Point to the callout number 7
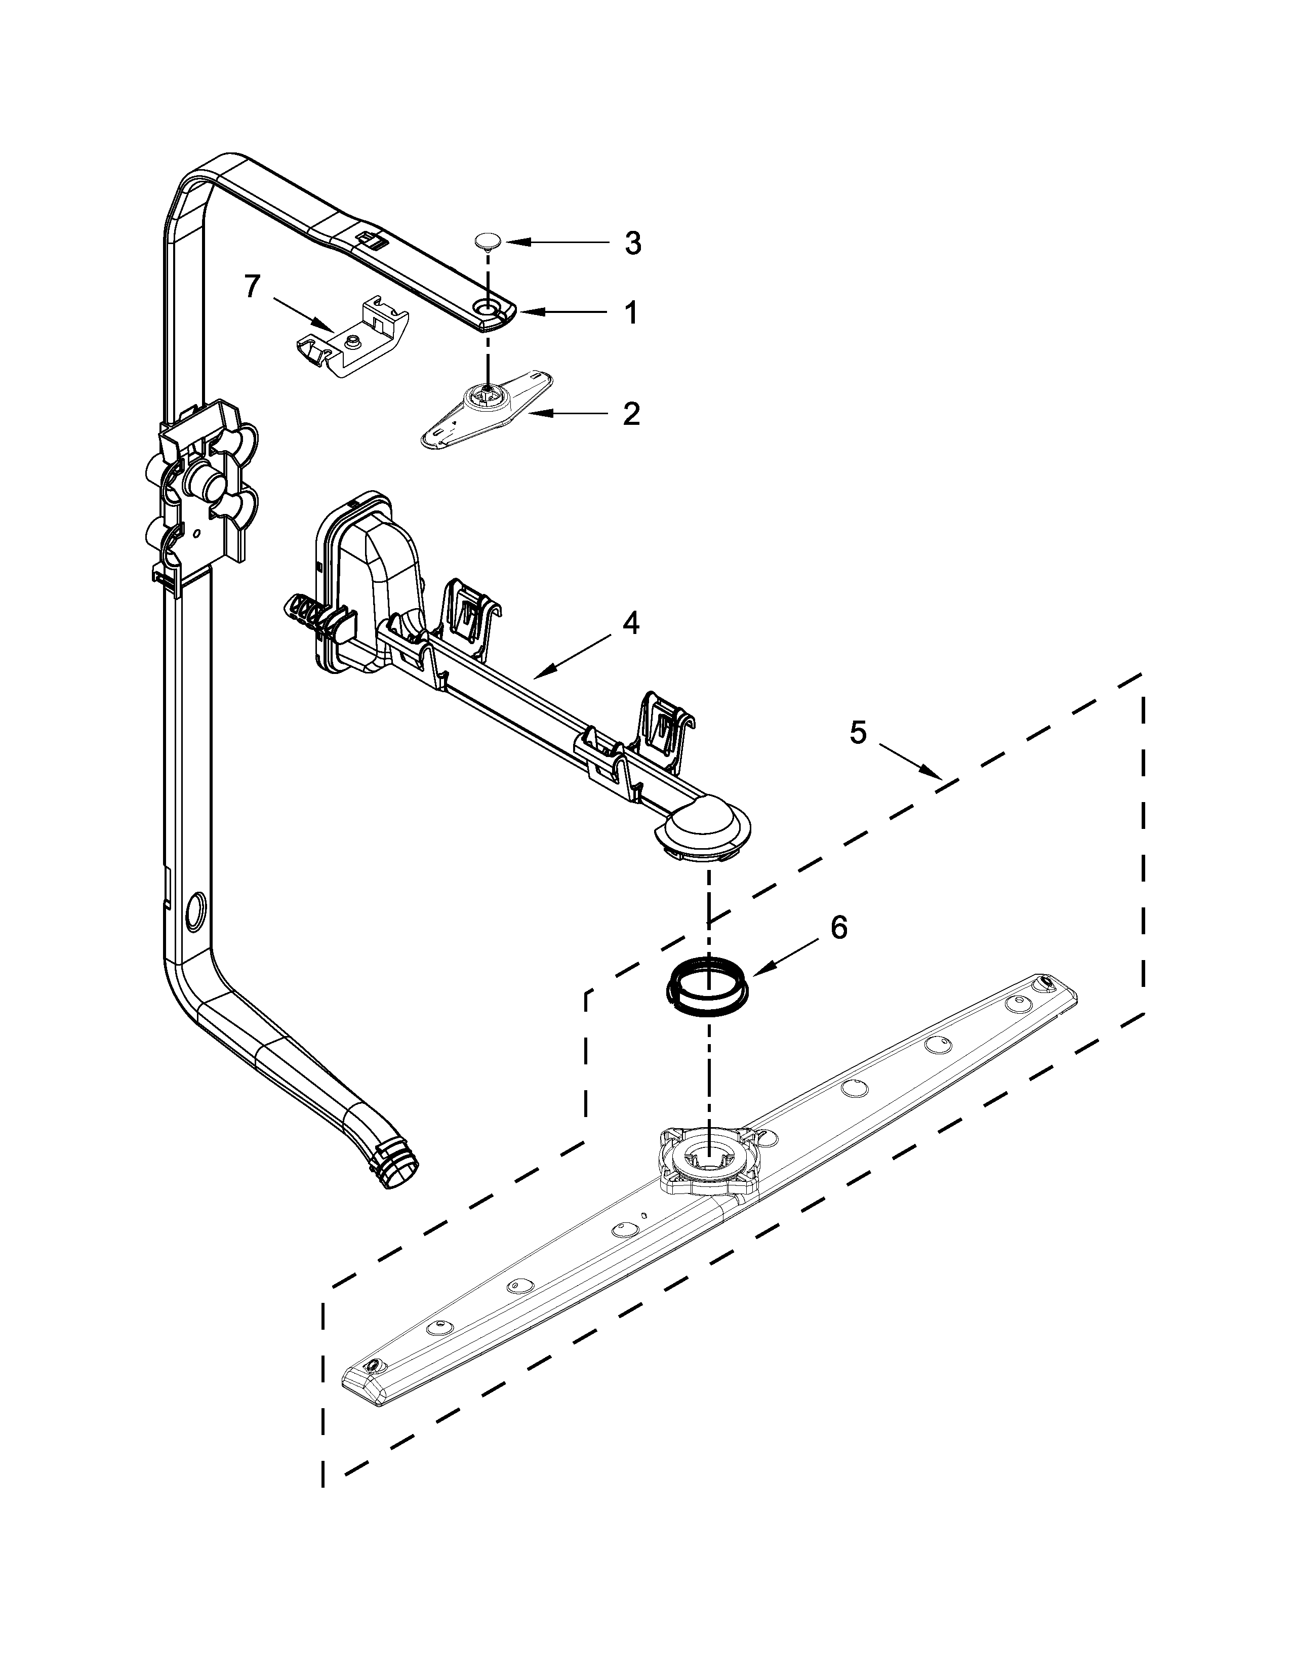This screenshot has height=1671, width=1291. click(253, 287)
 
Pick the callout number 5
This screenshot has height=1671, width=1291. click(858, 733)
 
